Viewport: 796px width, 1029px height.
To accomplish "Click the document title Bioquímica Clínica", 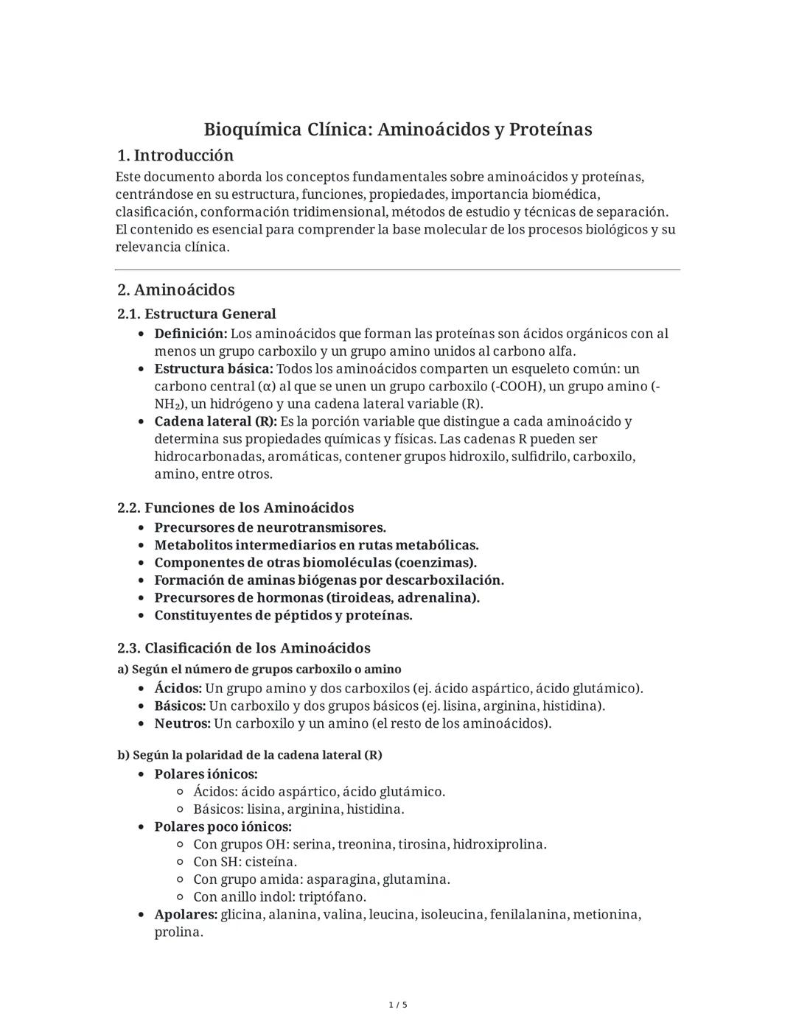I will coord(397,130).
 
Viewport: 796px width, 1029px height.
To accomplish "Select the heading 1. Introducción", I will coord(175,155).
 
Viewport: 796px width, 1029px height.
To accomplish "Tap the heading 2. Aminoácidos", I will coord(175,289).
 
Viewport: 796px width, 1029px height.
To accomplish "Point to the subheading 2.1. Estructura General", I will coord(196,314).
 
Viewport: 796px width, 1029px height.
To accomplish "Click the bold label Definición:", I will coord(190,334).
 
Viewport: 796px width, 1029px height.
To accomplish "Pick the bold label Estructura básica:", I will coord(213,368).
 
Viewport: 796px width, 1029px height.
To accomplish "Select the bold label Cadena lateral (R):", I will coord(215,421).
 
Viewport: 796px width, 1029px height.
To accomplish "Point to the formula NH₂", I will coord(167,404).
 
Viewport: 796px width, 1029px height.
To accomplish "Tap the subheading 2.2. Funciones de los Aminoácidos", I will coord(235,508).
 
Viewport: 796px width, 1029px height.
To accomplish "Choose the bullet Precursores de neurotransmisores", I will coord(270,527).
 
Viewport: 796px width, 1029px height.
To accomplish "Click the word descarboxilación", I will coord(444,580).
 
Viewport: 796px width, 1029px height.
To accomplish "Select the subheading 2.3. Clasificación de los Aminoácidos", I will coord(243,648).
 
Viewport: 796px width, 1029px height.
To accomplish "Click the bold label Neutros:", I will coord(182,723).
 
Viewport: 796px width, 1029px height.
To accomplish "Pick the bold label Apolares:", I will coord(185,914).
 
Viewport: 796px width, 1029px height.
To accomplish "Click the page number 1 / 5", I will coord(398,1005).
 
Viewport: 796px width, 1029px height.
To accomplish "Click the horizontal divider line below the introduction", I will coord(397,270).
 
